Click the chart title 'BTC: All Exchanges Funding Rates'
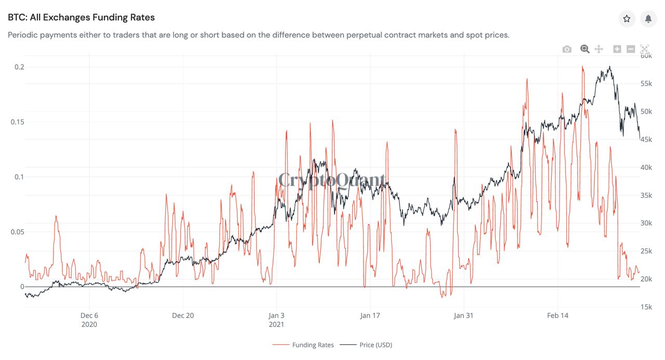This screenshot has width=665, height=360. [81, 17]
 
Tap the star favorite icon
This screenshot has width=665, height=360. [627, 19]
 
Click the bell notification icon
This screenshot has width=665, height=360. [648, 19]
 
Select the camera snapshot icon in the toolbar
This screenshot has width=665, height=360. [567, 49]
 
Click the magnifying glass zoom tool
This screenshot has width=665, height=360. [584, 49]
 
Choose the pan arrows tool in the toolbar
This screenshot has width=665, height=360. [598, 49]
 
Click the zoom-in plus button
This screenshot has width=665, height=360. [617, 49]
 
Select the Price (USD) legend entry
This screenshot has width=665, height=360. [376, 345]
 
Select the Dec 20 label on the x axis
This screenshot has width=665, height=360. [183, 315]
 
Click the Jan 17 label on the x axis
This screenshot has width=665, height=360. [370, 315]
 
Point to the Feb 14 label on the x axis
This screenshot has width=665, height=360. [557, 315]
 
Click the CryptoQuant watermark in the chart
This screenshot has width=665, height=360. [332, 180]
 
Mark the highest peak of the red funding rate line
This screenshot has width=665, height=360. [582, 66]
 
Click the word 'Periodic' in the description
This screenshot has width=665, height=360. [24, 35]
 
